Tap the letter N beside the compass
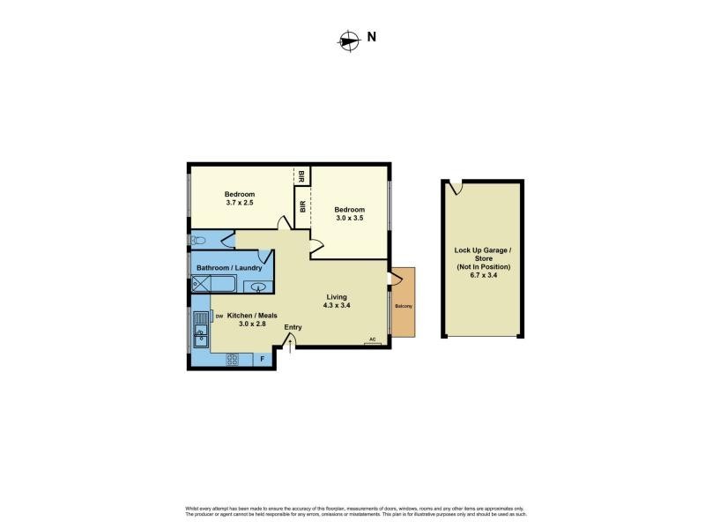click(372, 37)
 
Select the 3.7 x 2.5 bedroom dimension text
click(239, 204)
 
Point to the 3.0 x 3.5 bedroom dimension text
click(349, 219)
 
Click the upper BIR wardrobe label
click(301, 174)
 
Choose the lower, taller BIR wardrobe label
click(302, 207)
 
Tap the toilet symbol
click(197, 239)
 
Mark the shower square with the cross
click(202, 285)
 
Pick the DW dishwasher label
click(218, 316)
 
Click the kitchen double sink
click(201, 326)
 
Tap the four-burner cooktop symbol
click(234, 359)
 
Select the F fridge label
click(262, 359)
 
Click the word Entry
click(293, 328)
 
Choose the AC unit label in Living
click(373, 339)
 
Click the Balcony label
click(402, 307)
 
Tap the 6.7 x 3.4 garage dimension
click(483, 274)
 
